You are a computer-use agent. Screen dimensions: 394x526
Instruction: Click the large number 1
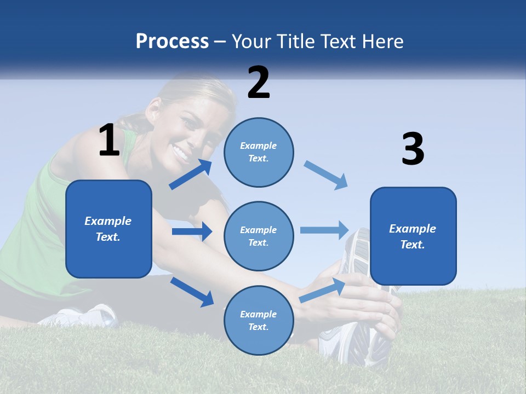pyautogui.click(x=109, y=140)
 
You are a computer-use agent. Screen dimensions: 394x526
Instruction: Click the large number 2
pyautogui.click(x=259, y=83)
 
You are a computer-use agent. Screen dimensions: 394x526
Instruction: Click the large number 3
pyautogui.click(x=413, y=149)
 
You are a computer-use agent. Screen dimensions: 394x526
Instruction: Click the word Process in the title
pyautogui.click(x=172, y=41)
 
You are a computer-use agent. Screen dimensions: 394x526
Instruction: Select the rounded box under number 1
pyautogui.click(x=108, y=229)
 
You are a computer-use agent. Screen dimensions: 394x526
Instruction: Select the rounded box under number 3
pyautogui.click(x=413, y=236)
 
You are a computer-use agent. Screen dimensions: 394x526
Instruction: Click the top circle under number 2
pyautogui.click(x=259, y=152)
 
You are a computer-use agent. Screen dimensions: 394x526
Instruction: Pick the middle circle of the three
pyautogui.click(x=259, y=236)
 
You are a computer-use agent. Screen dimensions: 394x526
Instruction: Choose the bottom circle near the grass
pyautogui.click(x=259, y=320)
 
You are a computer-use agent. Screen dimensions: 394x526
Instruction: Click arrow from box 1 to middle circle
pyautogui.click(x=192, y=231)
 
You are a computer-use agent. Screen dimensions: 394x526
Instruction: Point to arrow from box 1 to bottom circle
pyautogui.click(x=192, y=292)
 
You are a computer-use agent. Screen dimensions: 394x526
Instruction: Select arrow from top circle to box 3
pyautogui.click(x=326, y=175)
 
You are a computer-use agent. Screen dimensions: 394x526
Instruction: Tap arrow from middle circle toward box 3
pyautogui.click(x=324, y=230)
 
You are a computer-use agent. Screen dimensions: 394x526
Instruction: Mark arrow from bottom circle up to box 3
pyautogui.click(x=322, y=290)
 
